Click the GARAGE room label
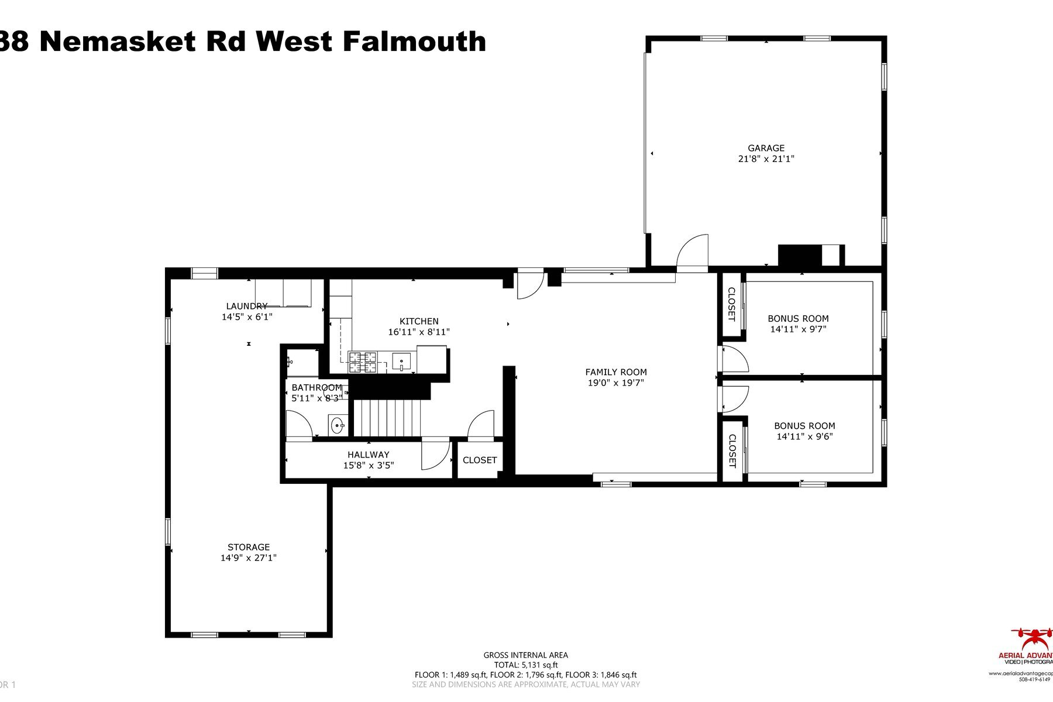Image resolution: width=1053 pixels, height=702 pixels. point(766,148)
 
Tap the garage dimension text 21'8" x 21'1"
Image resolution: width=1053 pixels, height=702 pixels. point(766,159)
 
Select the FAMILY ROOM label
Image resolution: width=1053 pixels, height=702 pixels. point(616,372)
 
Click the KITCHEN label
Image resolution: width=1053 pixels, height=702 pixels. point(419,321)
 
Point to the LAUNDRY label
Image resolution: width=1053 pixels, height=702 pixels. point(246,306)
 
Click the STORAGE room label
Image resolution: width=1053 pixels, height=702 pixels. point(249,548)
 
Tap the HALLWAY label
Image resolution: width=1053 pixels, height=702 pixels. point(368,455)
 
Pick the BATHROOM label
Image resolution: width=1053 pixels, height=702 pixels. point(316,387)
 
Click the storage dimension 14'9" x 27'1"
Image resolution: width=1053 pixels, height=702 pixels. point(249,558)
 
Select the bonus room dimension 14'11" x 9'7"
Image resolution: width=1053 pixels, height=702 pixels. point(798,329)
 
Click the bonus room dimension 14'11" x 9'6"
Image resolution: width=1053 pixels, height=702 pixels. point(804,436)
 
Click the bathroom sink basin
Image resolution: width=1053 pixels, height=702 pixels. point(338,425)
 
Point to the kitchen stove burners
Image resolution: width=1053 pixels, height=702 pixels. point(363,362)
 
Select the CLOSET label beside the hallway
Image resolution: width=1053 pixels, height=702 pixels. point(480,460)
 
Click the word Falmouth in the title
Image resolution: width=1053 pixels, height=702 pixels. point(414,42)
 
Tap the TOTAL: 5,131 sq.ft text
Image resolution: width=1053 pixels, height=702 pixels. point(525,665)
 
